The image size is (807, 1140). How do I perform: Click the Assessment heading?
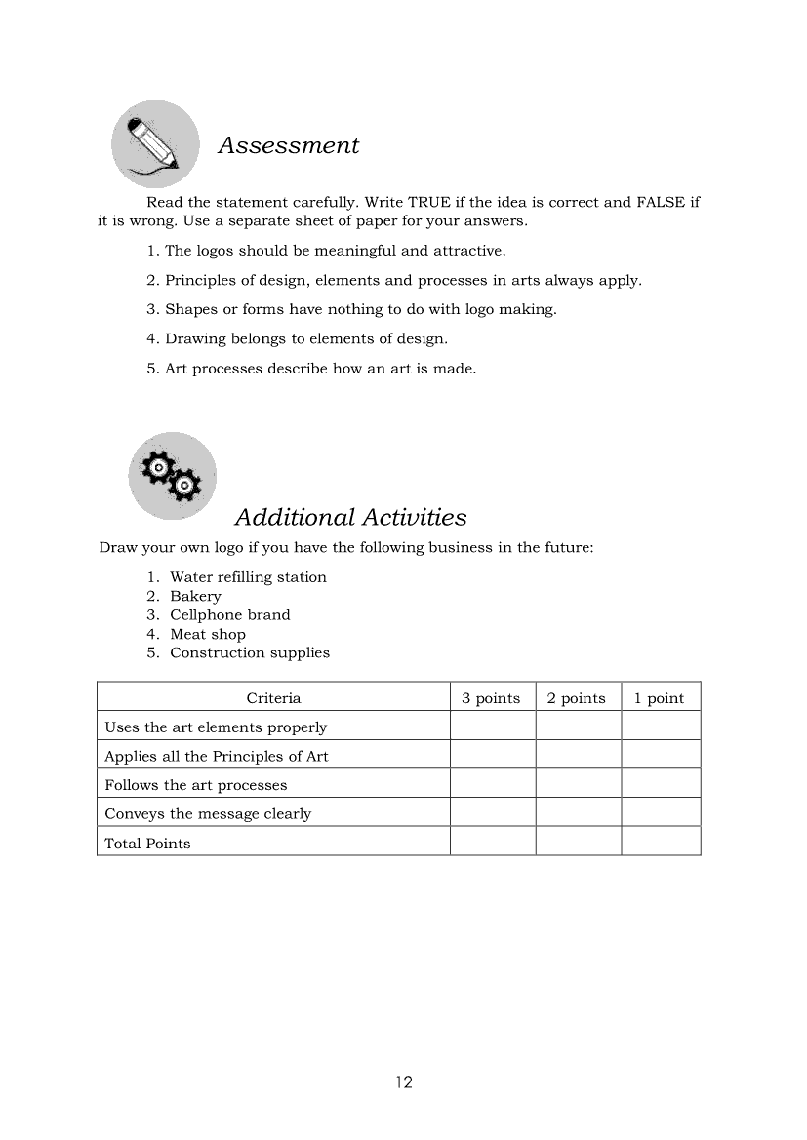288,145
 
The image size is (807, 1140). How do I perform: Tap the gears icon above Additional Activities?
172,475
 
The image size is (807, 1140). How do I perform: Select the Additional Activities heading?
350,517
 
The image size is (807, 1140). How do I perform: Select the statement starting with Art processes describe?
311,369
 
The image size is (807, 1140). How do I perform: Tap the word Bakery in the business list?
195,596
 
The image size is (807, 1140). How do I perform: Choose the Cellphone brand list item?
229,615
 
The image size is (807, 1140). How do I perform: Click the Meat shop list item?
208,634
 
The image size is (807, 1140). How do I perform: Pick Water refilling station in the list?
248,577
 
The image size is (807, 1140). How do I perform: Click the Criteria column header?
273,698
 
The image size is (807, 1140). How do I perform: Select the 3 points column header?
491,698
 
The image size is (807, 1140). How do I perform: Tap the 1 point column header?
660,698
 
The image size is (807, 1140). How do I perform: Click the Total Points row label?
147,844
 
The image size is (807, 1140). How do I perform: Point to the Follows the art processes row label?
195,785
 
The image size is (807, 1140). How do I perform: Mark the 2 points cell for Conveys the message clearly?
578,812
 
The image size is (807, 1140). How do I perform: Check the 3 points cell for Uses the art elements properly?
492,727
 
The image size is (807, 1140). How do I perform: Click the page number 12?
404,1081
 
